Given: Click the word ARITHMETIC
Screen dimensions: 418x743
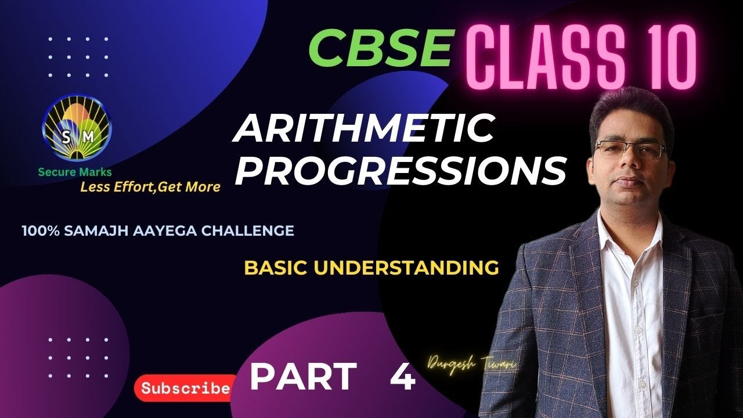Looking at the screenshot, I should click(x=363, y=130).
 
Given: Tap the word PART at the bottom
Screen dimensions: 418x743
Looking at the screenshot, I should click(x=303, y=377).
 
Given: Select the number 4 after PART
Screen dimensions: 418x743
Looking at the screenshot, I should click(x=402, y=379).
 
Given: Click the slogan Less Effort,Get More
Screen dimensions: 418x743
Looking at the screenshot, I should click(x=150, y=187).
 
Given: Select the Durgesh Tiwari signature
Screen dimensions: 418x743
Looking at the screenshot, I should click(x=473, y=364).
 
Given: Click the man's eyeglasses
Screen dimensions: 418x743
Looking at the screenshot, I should click(x=630, y=149).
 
